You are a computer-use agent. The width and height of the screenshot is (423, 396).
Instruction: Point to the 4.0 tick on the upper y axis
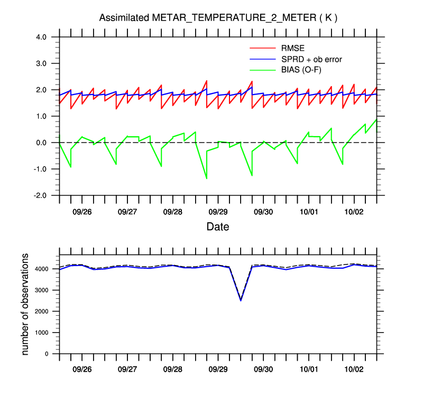(42, 37)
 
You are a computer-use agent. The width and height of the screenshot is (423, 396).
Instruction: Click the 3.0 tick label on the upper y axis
(42, 63)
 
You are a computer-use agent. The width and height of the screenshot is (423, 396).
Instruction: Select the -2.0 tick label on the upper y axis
(41, 195)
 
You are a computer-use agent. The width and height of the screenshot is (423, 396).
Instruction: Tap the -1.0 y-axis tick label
(41, 169)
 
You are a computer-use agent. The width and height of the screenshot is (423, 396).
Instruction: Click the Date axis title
(218, 227)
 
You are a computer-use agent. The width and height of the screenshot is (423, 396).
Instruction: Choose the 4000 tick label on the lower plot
(44, 269)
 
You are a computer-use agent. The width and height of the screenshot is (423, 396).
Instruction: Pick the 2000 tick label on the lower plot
(44, 312)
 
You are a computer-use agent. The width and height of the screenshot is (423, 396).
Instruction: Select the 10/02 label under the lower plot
(354, 369)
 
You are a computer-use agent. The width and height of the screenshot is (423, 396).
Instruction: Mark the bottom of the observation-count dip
(241, 300)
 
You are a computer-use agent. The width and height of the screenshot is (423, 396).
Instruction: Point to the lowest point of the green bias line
(206, 179)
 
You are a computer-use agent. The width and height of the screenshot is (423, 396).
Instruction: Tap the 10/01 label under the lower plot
(309, 369)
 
